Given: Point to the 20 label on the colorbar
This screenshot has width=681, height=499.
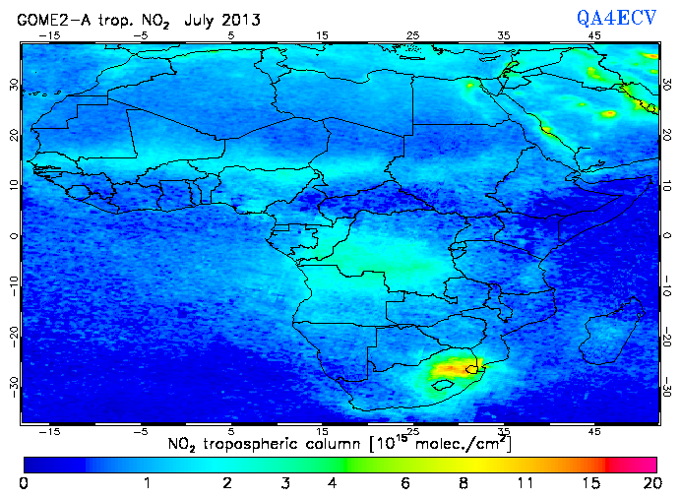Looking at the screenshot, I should tap(649, 483).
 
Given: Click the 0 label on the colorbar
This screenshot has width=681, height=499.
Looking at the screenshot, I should tap(24, 483).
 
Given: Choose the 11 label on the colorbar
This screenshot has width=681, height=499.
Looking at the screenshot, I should tap(525, 483).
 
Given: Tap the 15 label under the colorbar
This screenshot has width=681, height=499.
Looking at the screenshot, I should tap(588, 483).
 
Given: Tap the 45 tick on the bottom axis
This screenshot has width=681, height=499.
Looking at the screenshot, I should tap(594, 431).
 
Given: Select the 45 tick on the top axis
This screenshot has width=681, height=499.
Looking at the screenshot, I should tap(594, 35).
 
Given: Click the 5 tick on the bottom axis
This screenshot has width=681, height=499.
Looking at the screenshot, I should tap(231, 431).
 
